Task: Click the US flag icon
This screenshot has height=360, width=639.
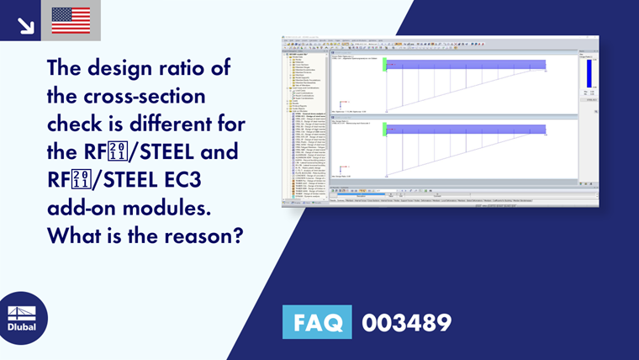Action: point(71,20)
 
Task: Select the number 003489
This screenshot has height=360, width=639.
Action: point(406,323)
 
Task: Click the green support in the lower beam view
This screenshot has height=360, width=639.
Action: point(385,130)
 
